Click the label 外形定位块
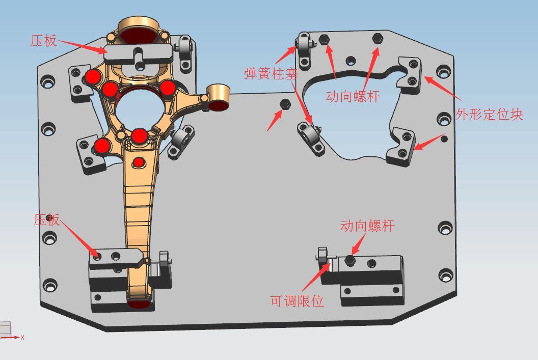(489, 114)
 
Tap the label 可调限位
(297, 301)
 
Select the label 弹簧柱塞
(271, 74)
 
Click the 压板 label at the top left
(44, 40)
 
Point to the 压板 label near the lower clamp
(47, 220)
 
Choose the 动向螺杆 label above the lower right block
(367, 226)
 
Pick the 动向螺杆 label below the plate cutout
(353, 96)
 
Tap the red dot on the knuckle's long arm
(138, 162)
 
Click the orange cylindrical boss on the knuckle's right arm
(218, 97)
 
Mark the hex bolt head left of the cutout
(285, 104)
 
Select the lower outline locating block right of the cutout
(401, 147)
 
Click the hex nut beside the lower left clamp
(164, 259)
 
